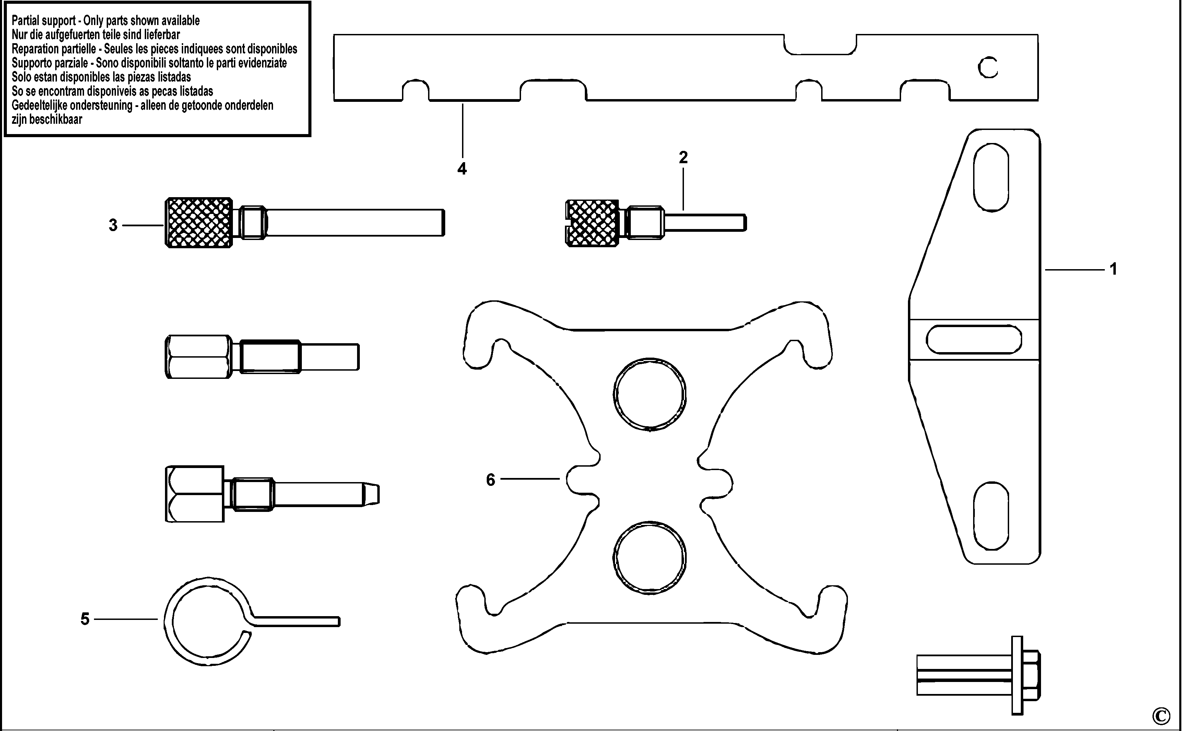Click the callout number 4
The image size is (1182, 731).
[x=462, y=169]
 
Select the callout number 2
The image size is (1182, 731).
[x=683, y=157]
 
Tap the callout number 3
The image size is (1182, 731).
[x=113, y=225]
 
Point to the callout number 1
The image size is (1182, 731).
[x=1113, y=269]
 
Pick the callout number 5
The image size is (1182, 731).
[x=85, y=619]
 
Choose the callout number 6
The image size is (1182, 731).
[x=490, y=480]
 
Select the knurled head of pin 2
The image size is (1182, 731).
[x=592, y=223]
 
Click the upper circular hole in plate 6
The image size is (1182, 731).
[x=650, y=394]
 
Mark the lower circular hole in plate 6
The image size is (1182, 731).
[x=650, y=558]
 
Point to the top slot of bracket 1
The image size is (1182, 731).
[x=991, y=177]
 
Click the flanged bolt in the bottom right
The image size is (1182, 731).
[x=978, y=675]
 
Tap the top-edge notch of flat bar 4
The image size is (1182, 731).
[x=820, y=45]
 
